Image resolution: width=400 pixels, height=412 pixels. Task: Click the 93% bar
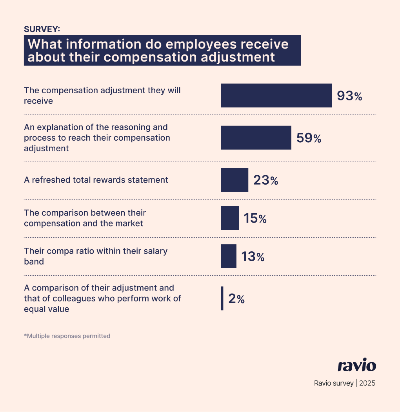pyautogui.click(x=276, y=96)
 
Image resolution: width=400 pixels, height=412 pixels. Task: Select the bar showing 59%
pyautogui.click(x=256, y=138)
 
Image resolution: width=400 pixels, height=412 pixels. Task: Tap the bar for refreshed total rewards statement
pyautogui.click(x=235, y=180)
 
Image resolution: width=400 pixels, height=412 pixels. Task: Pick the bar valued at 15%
pyautogui.click(x=229, y=218)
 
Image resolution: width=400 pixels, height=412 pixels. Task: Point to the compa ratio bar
pyautogui.click(x=228, y=256)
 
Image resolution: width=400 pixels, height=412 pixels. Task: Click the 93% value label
pyautogui.click(x=349, y=96)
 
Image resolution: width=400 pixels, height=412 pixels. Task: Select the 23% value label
pyautogui.click(x=266, y=180)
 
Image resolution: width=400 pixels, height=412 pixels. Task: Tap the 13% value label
pyautogui.click(x=253, y=257)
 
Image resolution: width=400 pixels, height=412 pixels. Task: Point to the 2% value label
pyautogui.click(x=236, y=299)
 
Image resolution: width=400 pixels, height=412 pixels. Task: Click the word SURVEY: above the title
pyautogui.click(x=42, y=29)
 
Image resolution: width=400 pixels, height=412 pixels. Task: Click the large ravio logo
pyautogui.click(x=357, y=366)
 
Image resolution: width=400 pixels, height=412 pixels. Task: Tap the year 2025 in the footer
pyautogui.click(x=367, y=383)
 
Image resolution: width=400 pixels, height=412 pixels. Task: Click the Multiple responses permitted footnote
pyautogui.click(x=67, y=336)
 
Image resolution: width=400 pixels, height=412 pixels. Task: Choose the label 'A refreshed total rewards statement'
pyautogui.click(x=96, y=180)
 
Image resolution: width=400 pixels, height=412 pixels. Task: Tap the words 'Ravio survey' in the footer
pyautogui.click(x=333, y=383)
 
